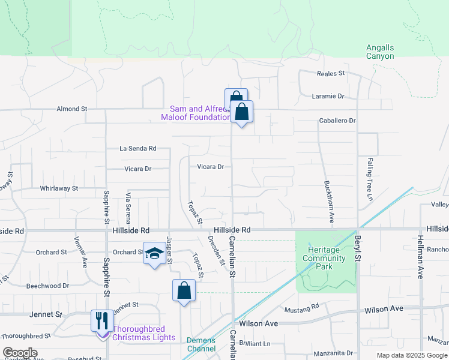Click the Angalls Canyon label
click(x=380, y=52)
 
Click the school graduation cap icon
click(x=154, y=254)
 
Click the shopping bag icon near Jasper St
click(x=184, y=291)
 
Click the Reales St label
click(x=331, y=73)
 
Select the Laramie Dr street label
click(x=328, y=96)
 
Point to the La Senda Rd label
click(x=137, y=148)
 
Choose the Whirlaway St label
click(x=59, y=188)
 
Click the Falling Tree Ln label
click(x=370, y=175)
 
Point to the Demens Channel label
click(x=200, y=344)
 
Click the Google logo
click(x=20, y=353)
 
